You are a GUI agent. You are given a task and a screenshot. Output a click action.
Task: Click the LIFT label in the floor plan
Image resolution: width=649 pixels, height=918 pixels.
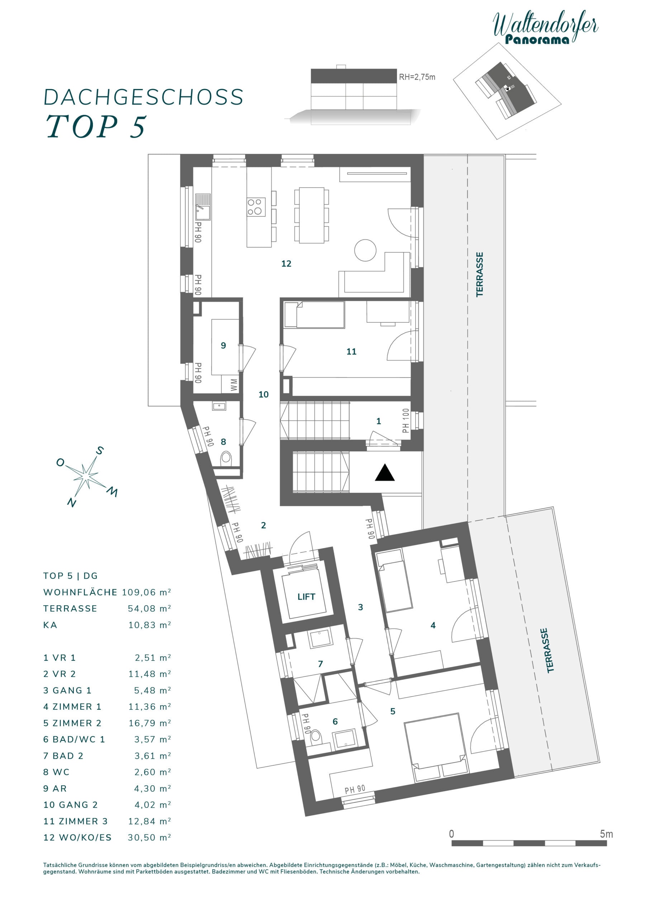306,597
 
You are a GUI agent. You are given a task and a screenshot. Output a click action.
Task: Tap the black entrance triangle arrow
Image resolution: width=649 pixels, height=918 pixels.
385,473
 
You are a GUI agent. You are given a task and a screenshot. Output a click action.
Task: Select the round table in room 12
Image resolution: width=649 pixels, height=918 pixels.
365,250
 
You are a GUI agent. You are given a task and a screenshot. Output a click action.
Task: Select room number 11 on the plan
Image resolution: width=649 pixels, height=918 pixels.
351,351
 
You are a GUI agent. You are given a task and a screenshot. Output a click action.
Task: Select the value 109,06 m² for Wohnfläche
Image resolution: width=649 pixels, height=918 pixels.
146,592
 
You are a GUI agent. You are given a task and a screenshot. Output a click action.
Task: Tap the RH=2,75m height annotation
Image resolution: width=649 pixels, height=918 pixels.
417,77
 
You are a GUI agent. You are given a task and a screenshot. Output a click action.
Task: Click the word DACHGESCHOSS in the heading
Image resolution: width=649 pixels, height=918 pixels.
143,97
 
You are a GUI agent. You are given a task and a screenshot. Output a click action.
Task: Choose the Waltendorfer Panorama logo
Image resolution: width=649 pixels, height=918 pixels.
545,27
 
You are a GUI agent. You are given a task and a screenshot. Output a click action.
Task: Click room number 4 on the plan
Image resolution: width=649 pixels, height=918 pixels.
433,625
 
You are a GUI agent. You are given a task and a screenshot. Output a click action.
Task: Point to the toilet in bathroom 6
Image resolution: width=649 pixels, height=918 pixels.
317,736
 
